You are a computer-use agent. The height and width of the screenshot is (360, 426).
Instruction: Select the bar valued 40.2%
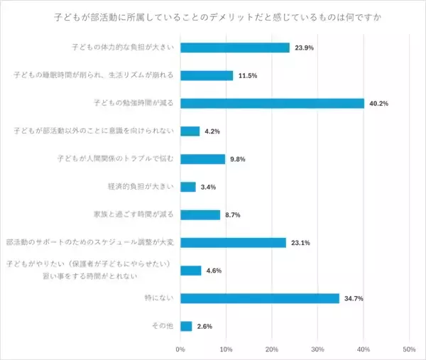(x=272, y=103)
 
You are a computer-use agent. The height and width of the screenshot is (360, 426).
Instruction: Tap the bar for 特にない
(x=259, y=298)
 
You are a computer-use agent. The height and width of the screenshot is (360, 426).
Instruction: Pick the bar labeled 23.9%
(x=235, y=48)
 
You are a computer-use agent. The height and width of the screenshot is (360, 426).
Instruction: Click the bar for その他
(x=186, y=326)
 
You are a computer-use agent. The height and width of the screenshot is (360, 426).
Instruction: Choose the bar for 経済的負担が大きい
(x=188, y=187)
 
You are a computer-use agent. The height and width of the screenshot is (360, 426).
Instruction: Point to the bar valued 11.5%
(x=207, y=75)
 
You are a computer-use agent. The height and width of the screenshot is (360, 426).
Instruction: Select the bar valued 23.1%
(x=233, y=242)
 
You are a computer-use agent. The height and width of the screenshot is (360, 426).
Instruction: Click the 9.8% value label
(x=237, y=159)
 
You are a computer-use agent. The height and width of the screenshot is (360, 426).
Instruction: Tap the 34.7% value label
(x=353, y=298)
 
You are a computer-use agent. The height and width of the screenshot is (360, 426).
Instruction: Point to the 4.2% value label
(x=212, y=131)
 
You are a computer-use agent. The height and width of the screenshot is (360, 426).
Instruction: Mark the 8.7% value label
(x=232, y=214)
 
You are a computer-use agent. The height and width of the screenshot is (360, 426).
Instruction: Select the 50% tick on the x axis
(x=409, y=349)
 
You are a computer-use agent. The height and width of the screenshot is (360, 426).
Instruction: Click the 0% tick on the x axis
(x=180, y=349)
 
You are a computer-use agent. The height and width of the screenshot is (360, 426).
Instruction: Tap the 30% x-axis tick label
(x=317, y=349)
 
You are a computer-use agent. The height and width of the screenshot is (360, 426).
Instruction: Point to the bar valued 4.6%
(x=191, y=270)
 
